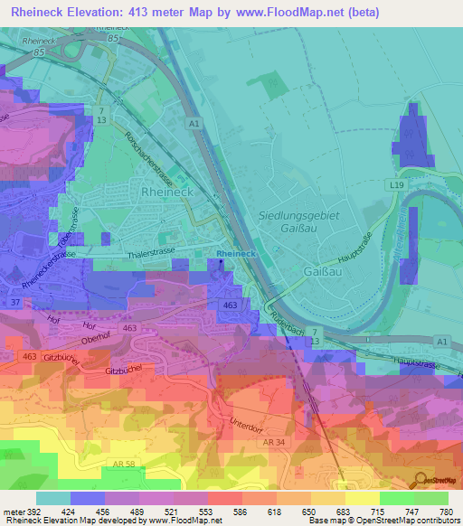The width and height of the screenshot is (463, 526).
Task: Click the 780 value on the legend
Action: [x=445, y=511]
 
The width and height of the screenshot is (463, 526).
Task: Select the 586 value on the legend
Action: [x=226, y=511]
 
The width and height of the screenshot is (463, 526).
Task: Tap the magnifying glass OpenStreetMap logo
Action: [x=421, y=479]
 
